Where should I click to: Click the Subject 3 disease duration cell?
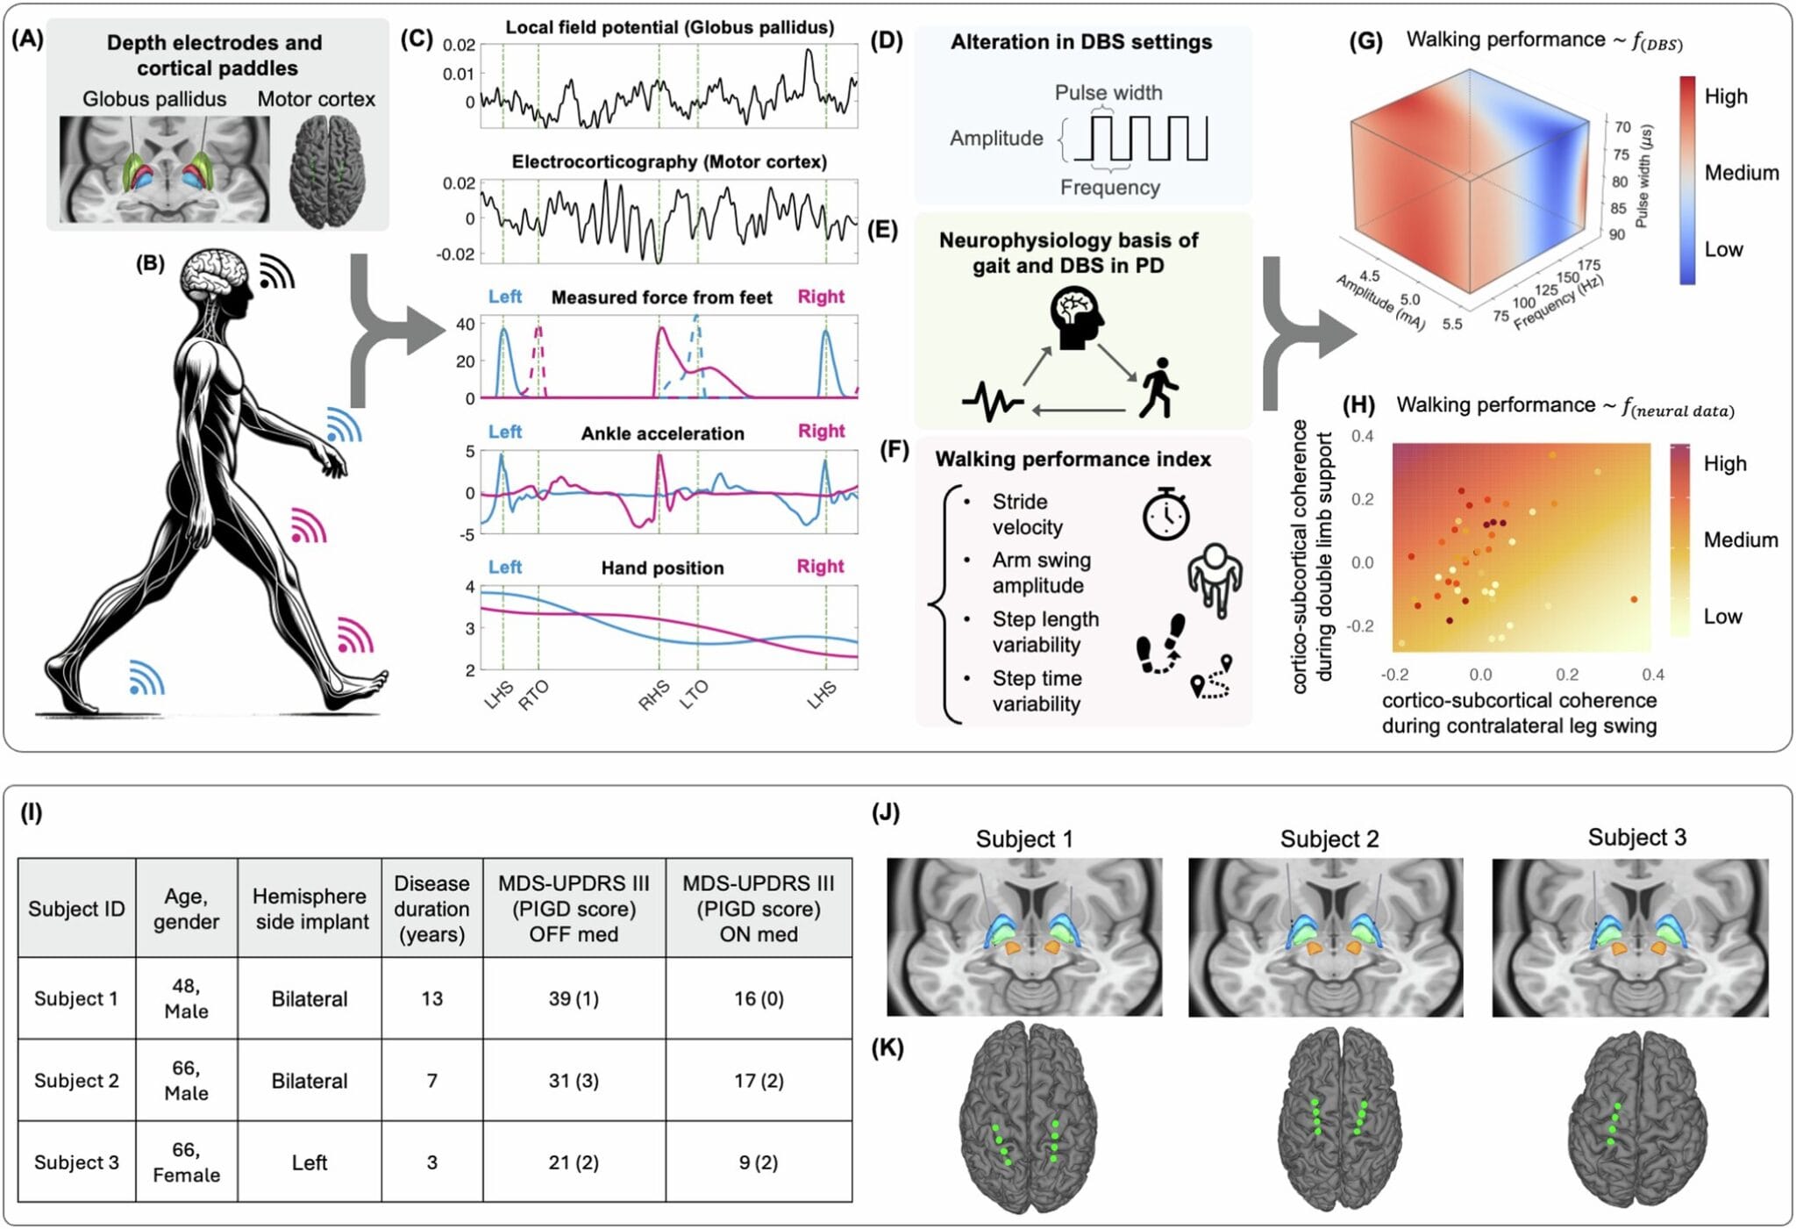pyautogui.click(x=431, y=1162)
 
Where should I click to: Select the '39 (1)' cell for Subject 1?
pyautogui.click(x=574, y=998)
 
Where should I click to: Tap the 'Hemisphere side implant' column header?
pyautogui.click(x=310, y=909)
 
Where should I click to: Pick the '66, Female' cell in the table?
pyautogui.click(x=186, y=1162)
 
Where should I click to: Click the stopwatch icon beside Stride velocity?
pyautogui.click(x=1165, y=515)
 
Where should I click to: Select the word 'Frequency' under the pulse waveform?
pyautogui.click(x=1109, y=188)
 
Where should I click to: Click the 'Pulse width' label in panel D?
pyautogui.click(x=1108, y=93)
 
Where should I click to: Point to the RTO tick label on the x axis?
pyautogui.click(x=532, y=696)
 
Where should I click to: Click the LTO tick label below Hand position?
pyautogui.click(x=694, y=696)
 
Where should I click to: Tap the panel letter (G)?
pyautogui.click(x=1365, y=41)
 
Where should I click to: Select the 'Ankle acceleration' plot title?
pyautogui.click(x=662, y=433)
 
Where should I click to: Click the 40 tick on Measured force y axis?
pyautogui.click(x=465, y=325)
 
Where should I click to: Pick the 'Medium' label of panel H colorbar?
pyautogui.click(x=1740, y=539)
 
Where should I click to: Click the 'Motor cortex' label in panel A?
pyautogui.click(x=316, y=99)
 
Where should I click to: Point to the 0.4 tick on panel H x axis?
pyautogui.click(x=1652, y=675)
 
